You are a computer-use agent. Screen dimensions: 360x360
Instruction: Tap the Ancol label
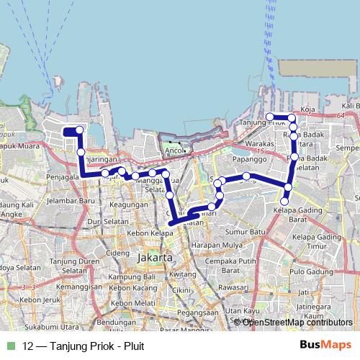point(175,151)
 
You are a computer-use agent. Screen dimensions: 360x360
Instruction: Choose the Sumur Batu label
point(245,232)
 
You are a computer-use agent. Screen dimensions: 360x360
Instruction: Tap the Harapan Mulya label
point(215,246)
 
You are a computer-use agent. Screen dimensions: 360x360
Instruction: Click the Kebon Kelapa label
point(147,234)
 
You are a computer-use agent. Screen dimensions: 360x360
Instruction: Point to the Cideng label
point(117,253)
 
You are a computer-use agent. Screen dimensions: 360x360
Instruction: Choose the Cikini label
point(179,289)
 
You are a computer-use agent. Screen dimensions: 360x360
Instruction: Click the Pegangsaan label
point(197,312)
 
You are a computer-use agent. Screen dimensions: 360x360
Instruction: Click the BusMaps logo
point(325,345)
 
